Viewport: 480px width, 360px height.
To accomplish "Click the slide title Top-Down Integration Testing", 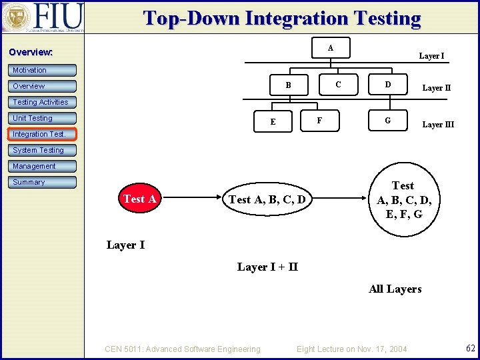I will pyautogui.click(x=282, y=19).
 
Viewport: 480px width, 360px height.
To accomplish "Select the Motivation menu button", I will pyautogui.click(x=43, y=70).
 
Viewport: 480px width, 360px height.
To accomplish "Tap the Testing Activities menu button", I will pyautogui.click(x=43, y=102).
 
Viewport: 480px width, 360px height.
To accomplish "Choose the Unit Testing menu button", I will pyautogui.click(x=43, y=118).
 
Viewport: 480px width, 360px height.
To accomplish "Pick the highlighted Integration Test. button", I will pyautogui.click(x=43, y=134).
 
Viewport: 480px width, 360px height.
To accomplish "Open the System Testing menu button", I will pyautogui.click(x=43, y=150).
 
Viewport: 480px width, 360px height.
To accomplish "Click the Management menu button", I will pyautogui.click(x=43, y=166).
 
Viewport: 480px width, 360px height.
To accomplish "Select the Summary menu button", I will pyautogui.click(x=43, y=182).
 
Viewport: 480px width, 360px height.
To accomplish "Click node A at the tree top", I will pyautogui.click(x=331, y=48).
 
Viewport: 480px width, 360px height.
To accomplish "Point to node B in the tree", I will pyautogui.click(x=288, y=85).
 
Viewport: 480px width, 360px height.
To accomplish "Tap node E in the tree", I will pyautogui.click(x=273, y=122).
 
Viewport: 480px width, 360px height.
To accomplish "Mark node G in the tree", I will pyautogui.click(x=387, y=121).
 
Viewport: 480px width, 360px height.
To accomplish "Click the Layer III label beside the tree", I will pyautogui.click(x=438, y=125).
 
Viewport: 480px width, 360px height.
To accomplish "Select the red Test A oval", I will pyautogui.click(x=140, y=199).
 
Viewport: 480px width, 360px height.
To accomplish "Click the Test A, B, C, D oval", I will pyautogui.click(x=267, y=199).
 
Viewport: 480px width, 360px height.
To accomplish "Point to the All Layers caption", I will pyautogui.click(x=395, y=289).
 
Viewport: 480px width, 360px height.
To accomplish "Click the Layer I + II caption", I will pyautogui.click(x=267, y=267).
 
